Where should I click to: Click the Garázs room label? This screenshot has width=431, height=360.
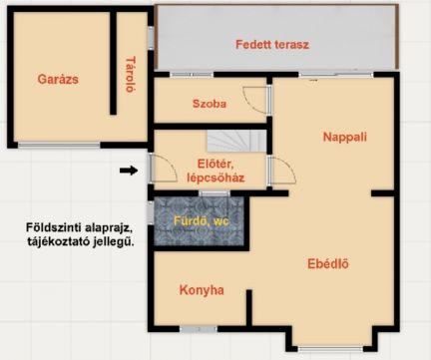[x=58, y=78]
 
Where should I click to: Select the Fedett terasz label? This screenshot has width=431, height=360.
[x=272, y=45]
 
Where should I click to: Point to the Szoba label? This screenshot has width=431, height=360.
[x=210, y=103]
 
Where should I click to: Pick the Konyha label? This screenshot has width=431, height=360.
[x=202, y=290]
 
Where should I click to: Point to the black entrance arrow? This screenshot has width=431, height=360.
[x=128, y=171]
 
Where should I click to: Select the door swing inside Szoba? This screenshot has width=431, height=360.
[x=258, y=98]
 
